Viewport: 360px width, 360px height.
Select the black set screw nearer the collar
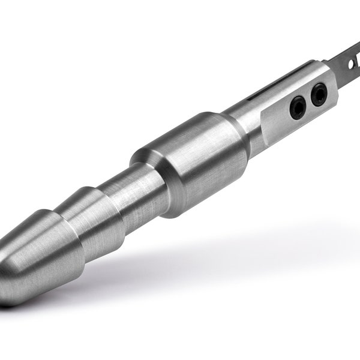click(298, 109)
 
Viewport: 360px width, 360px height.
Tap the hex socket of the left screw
click(298, 109)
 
